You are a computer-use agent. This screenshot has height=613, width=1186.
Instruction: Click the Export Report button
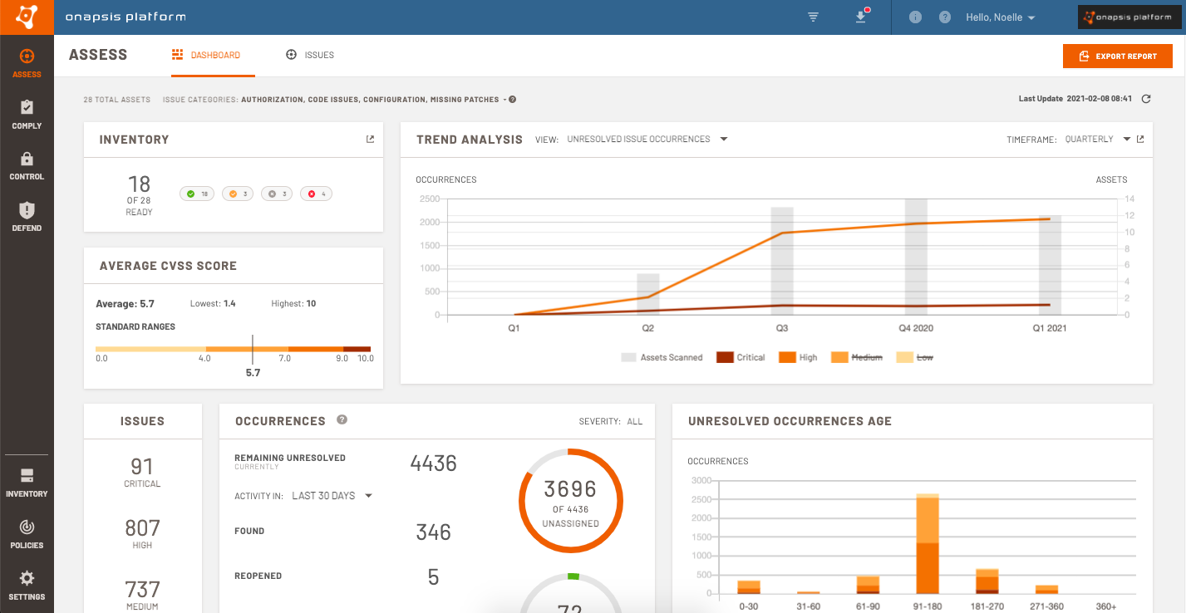click(x=1117, y=56)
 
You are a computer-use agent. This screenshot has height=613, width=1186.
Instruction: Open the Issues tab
click(x=310, y=56)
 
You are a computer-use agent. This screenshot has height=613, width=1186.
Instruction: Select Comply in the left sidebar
click(x=27, y=115)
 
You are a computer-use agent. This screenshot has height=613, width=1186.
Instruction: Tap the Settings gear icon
click(x=27, y=578)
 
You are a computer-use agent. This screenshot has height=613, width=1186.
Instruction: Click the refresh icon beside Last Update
click(x=1146, y=99)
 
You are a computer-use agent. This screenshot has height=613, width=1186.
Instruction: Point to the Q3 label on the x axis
click(x=781, y=328)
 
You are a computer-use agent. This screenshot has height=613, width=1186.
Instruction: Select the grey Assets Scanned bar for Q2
click(x=648, y=293)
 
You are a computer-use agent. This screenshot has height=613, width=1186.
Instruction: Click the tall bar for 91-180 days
click(x=928, y=544)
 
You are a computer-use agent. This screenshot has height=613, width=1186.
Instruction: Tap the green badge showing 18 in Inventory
click(x=197, y=194)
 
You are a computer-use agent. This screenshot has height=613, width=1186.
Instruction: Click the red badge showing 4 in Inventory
click(x=316, y=194)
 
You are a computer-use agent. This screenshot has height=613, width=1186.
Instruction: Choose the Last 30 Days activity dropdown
click(x=331, y=496)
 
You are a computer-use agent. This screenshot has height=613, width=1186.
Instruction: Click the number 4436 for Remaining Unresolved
click(x=433, y=463)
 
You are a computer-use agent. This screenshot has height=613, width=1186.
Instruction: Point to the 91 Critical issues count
click(x=142, y=467)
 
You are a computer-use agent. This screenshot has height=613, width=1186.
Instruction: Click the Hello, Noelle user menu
click(x=1000, y=17)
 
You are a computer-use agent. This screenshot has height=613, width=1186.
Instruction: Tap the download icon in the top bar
click(x=861, y=17)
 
